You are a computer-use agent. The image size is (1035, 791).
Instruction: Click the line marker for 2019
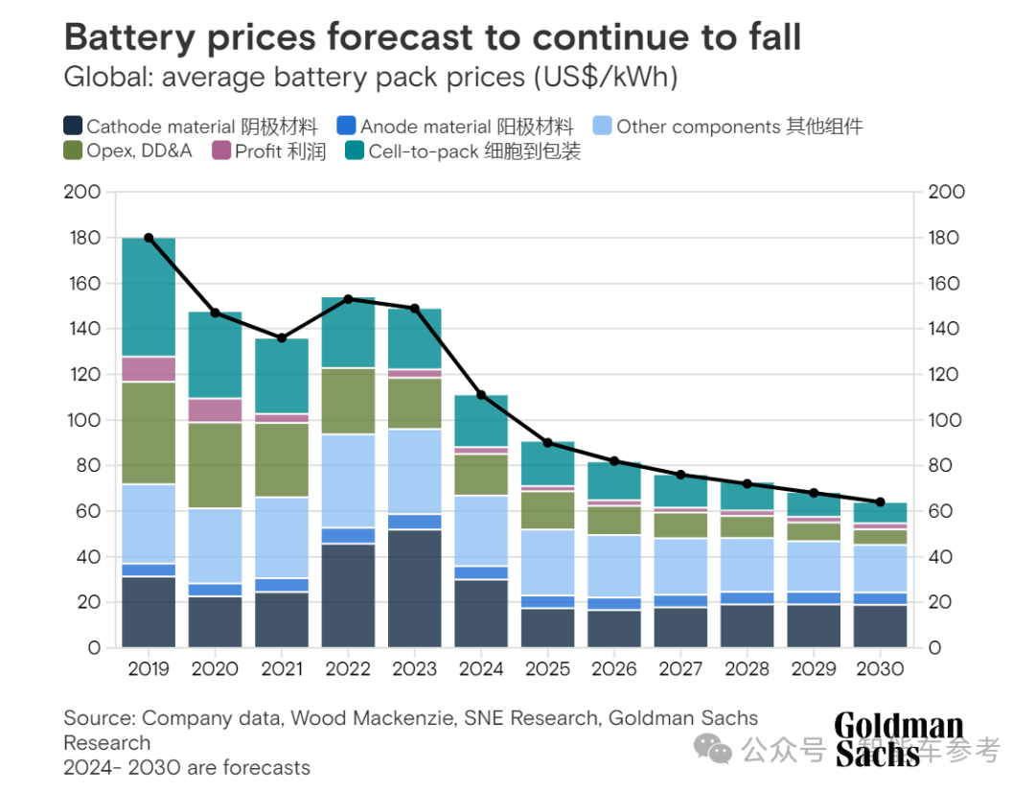(x=149, y=238)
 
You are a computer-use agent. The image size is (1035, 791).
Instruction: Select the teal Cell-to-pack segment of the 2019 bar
(x=149, y=297)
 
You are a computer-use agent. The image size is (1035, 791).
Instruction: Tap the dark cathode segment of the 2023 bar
(x=415, y=589)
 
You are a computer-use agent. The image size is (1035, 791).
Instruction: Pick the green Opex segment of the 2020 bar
(x=215, y=465)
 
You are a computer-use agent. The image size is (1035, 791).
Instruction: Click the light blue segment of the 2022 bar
(x=348, y=481)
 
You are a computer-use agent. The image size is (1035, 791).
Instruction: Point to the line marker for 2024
(x=481, y=395)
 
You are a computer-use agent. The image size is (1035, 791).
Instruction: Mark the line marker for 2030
(x=880, y=501)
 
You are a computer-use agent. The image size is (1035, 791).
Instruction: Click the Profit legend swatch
(x=221, y=151)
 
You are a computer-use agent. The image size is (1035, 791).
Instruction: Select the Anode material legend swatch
(x=347, y=126)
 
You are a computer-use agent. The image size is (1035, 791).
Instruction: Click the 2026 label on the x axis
(x=614, y=669)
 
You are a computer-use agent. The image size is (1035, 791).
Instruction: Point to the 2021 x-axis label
(x=281, y=669)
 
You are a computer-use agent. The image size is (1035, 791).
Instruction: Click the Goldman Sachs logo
(x=899, y=739)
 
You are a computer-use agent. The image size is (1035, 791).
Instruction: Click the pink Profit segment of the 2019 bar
(x=149, y=369)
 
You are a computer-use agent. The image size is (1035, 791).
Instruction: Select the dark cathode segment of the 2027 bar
(x=680, y=627)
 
